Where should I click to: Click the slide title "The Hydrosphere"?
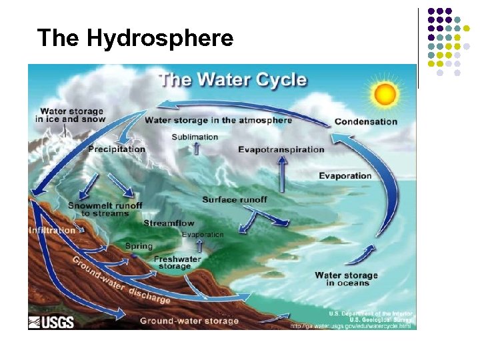point(135,38)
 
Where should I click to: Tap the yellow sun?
point(385,94)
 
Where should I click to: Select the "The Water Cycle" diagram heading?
point(233,80)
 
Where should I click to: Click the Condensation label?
point(365,122)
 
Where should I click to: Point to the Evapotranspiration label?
point(281,149)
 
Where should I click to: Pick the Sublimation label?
point(195,137)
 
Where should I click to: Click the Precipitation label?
point(117,149)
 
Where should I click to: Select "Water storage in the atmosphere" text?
point(219,121)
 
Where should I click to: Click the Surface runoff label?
point(235,199)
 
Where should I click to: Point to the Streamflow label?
point(169,223)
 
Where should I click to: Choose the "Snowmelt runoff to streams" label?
point(105,209)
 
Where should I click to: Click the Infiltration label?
point(53,231)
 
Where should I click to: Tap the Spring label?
point(139,246)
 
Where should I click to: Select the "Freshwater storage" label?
point(177,263)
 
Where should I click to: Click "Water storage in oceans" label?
point(346,279)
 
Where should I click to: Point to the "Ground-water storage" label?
point(189,321)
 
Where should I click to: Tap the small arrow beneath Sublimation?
point(197,148)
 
